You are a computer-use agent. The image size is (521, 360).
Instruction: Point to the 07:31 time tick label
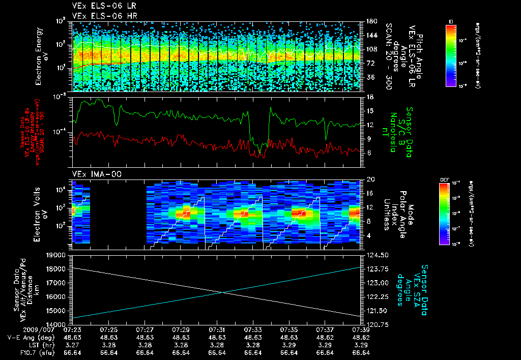tap(217, 329)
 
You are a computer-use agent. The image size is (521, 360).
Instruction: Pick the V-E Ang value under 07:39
tap(361, 337)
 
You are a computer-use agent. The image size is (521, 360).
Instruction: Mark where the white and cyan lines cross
tap(222, 292)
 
